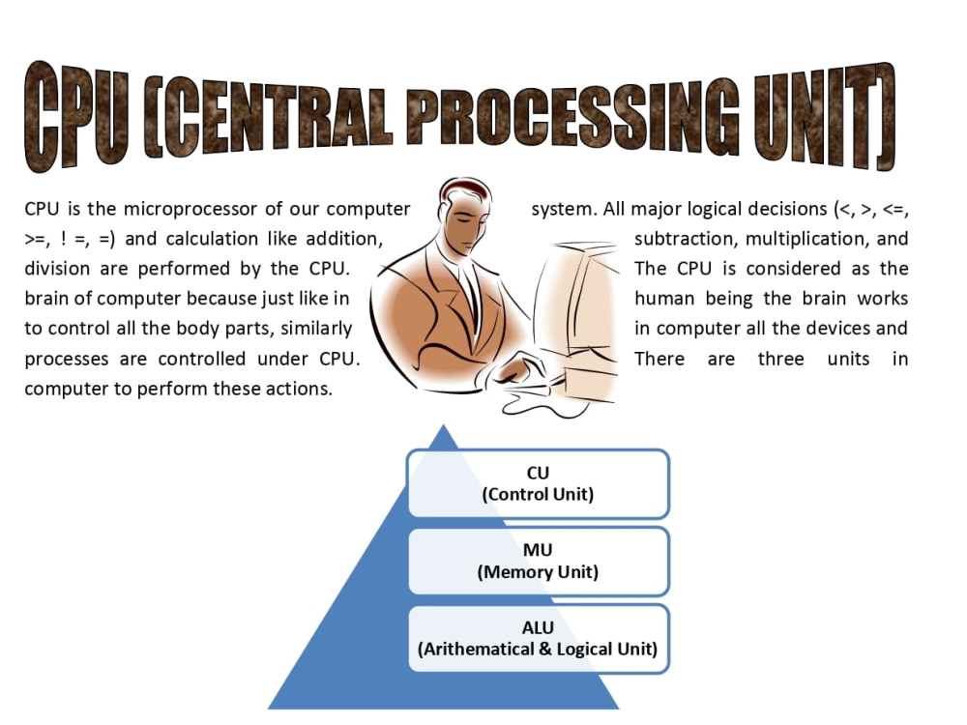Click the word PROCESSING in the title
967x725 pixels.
572,116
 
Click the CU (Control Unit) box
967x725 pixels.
538,483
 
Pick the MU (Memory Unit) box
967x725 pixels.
538,561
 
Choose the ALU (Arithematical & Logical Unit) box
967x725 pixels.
538,639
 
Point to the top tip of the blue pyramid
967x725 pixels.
443,424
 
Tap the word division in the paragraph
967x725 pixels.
57,269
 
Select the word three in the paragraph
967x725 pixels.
780,359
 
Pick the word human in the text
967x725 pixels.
664,299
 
